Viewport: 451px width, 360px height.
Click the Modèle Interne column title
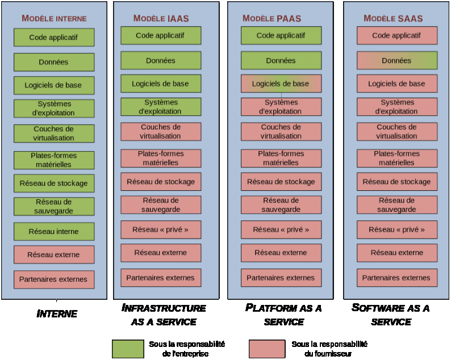pos(54,18)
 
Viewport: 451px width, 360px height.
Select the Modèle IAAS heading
pos(161,18)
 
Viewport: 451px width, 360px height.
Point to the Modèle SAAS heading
pos(393,18)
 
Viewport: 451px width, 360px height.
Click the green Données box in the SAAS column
pos(396,61)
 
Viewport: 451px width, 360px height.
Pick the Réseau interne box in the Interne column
pos(53,232)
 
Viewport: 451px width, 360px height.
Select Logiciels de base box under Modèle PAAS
pos(281,83)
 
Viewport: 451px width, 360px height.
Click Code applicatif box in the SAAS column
pos(396,36)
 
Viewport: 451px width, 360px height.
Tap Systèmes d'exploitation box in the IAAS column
pos(161,107)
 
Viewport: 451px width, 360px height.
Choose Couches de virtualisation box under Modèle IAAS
pos(161,132)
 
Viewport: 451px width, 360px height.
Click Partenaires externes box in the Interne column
pos(53,279)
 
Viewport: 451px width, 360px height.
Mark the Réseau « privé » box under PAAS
pos(281,230)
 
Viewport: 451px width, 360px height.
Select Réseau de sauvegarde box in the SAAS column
pos(396,204)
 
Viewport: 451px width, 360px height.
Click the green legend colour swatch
pos(127,349)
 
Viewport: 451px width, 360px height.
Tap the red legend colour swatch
pos(267,349)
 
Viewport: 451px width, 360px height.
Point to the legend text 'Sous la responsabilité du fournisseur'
pos(329,349)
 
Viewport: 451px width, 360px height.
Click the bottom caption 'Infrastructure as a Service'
pos(164,315)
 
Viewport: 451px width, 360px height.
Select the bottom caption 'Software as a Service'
pos(391,315)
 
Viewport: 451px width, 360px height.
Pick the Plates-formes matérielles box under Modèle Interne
pos(53,160)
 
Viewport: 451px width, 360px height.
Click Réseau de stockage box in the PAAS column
pos(281,182)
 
